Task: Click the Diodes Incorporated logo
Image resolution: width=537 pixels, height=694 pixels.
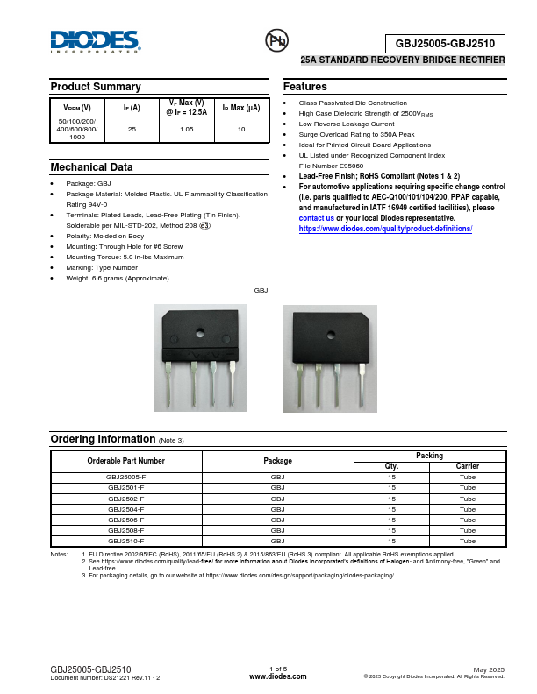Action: pyautogui.click(x=95, y=41)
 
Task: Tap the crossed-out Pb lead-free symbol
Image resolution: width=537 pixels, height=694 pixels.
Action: pyautogui.click(x=276, y=40)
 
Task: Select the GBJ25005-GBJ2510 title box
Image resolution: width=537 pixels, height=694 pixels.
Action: pyautogui.click(x=445, y=43)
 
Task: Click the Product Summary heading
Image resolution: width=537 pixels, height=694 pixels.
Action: pyautogui.click(x=96, y=87)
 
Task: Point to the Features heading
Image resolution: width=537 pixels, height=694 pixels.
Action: pyautogui.click(x=305, y=87)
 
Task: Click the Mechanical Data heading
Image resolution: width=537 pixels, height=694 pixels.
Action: pyautogui.click(x=92, y=166)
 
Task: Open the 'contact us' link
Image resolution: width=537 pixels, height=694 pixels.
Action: pyautogui.click(x=316, y=218)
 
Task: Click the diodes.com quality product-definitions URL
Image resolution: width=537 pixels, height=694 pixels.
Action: pyautogui.click(x=385, y=229)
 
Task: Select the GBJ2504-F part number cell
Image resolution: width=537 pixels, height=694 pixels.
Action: pyautogui.click(x=126, y=509)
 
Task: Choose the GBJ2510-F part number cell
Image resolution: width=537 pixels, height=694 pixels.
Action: pyautogui.click(x=126, y=541)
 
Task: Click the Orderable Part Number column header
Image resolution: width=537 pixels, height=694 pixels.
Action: pyautogui.click(x=126, y=461)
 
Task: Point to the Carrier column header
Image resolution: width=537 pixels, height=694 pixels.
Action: pyautogui.click(x=468, y=466)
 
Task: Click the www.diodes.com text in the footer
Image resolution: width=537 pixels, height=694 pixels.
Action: pyautogui.click(x=277, y=676)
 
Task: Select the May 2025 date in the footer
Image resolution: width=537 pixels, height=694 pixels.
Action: pyautogui.click(x=489, y=669)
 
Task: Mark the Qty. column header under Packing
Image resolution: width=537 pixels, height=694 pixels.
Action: pyautogui.click(x=392, y=466)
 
